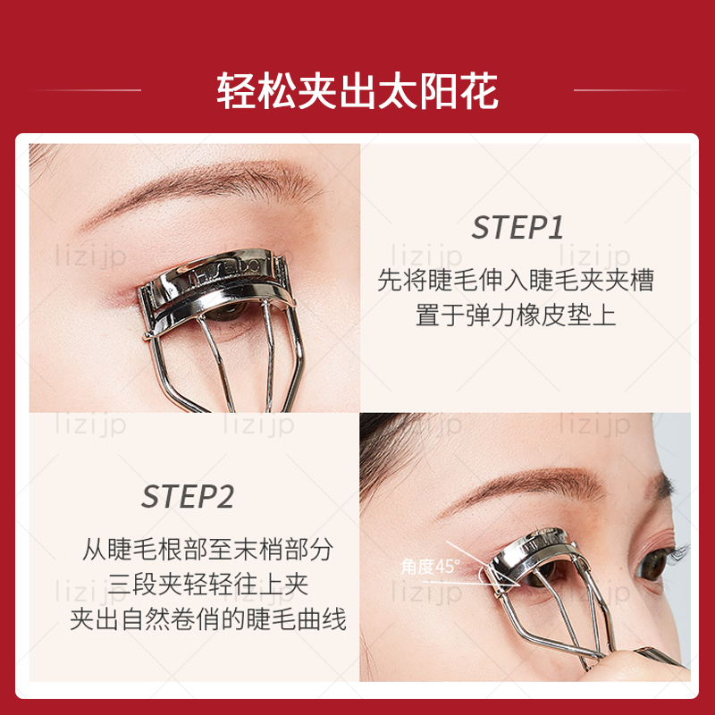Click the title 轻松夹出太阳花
coord(357,91)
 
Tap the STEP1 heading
coord(517,228)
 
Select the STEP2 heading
coord(187,497)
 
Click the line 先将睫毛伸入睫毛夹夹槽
coord(516,281)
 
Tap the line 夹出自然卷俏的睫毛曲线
coord(207,620)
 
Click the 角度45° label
coord(430,566)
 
